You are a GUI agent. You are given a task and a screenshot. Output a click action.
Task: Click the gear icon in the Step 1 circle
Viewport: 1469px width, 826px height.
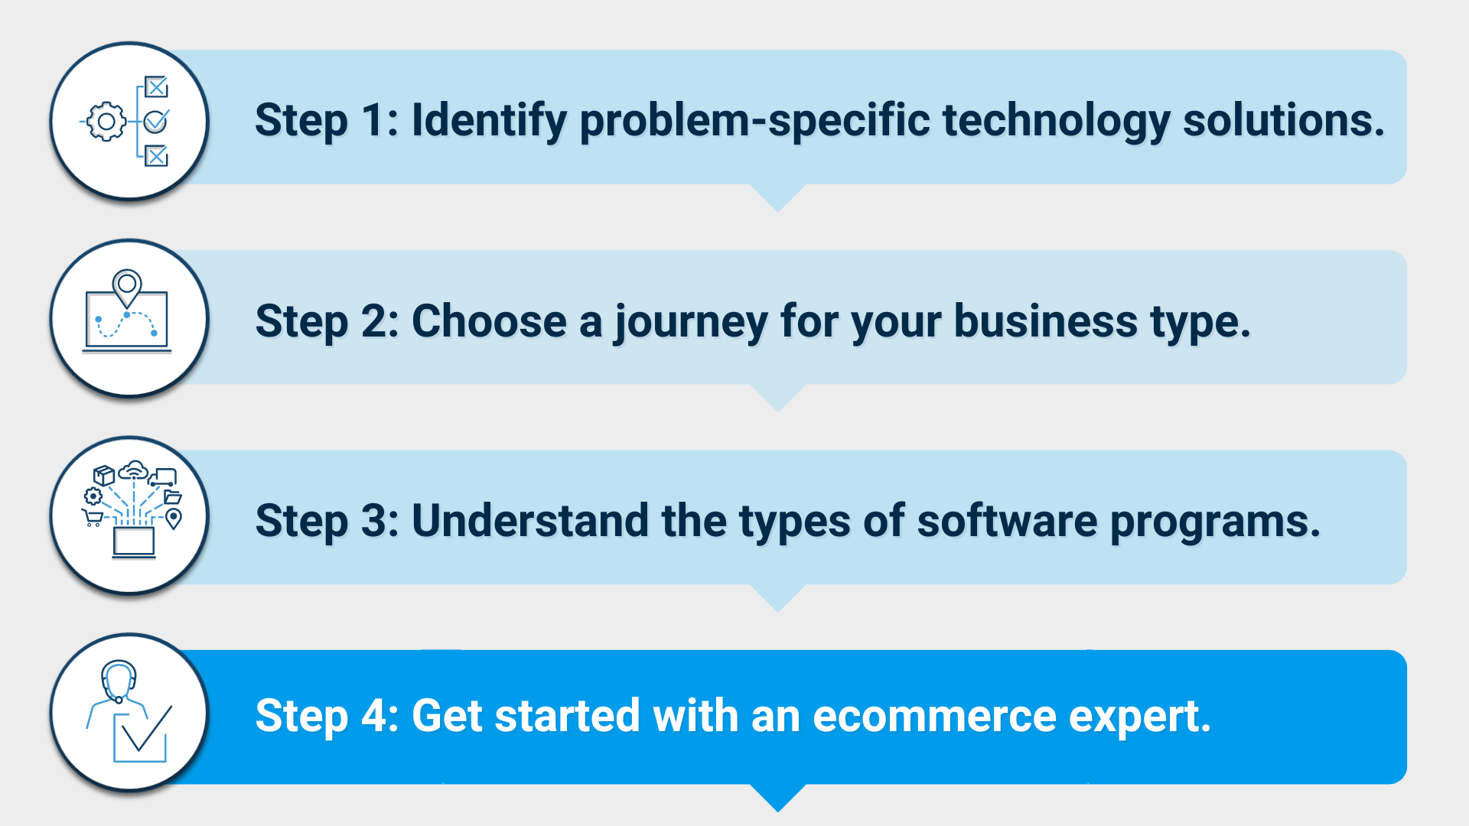point(106,122)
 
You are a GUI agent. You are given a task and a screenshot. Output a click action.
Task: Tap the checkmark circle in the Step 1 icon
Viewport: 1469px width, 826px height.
point(156,121)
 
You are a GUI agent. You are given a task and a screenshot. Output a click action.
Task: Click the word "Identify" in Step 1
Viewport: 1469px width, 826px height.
point(489,122)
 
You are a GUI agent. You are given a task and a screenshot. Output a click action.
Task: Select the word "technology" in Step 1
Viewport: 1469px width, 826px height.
point(1056,122)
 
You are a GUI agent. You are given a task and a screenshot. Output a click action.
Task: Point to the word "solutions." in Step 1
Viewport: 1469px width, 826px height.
point(1284,121)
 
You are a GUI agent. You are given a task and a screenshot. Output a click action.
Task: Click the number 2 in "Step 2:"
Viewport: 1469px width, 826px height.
point(374,320)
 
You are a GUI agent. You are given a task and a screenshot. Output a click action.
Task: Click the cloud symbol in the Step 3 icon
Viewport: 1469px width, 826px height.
point(135,470)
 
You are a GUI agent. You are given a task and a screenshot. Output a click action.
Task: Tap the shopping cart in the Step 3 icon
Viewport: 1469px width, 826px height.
point(93,518)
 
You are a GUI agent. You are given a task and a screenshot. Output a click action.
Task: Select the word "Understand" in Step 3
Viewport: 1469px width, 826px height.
point(530,521)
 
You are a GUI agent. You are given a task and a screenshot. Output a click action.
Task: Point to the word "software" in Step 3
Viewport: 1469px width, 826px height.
point(1007,521)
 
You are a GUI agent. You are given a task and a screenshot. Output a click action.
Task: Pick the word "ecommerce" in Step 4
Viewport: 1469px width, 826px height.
point(934,716)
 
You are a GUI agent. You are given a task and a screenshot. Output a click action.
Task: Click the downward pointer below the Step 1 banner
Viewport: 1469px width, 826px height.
point(778,197)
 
